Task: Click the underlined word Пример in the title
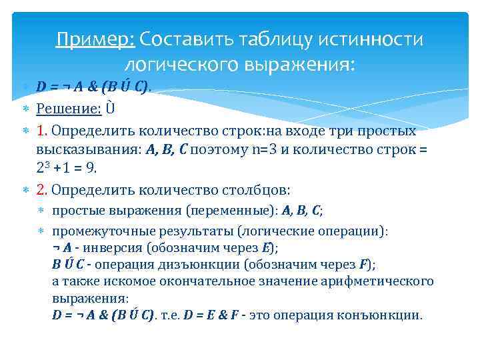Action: pos(95,40)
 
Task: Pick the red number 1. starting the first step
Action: pos(43,131)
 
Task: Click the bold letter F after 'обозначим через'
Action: pos(363,264)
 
